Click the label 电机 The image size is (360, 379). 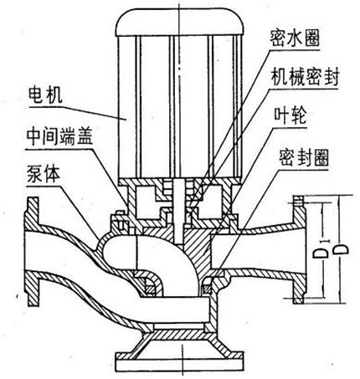45,95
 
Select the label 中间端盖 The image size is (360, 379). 59,136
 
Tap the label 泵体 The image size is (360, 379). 44,174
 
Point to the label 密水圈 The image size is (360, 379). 295,38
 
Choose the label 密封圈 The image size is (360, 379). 304,156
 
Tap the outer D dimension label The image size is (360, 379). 341,249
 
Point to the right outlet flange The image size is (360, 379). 299,250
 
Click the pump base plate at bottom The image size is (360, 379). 180,362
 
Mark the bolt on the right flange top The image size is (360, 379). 298,201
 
